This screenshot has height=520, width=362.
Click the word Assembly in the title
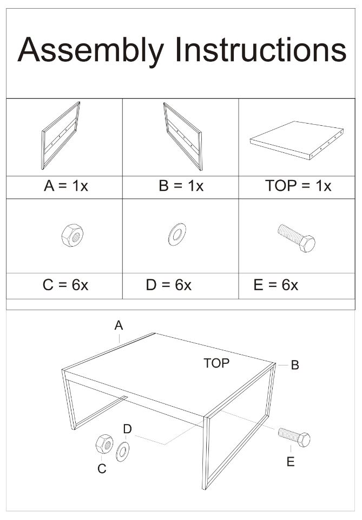click(90, 50)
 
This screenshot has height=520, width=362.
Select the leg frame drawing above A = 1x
click(61, 136)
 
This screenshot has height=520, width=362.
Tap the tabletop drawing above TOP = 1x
click(297, 139)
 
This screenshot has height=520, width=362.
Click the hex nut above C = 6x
click(72, 236)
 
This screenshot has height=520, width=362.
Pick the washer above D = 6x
click(177, 234)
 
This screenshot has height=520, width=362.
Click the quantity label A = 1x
click(65, 186)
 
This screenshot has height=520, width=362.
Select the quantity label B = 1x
click(181, 186)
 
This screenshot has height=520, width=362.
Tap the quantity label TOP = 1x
click(298, 186)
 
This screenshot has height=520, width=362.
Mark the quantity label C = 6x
click(65, 285)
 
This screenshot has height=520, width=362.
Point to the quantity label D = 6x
click(168, 285)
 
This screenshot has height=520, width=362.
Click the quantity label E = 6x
click(275, 285)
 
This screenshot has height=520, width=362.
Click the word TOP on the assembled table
click(216, 363)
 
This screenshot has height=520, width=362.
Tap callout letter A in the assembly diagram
click(119, 325)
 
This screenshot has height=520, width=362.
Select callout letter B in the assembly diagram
click(295, 365)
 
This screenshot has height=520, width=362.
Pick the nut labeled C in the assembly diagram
click(104, 444)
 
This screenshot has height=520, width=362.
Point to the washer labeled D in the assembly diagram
click(123, 451)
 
